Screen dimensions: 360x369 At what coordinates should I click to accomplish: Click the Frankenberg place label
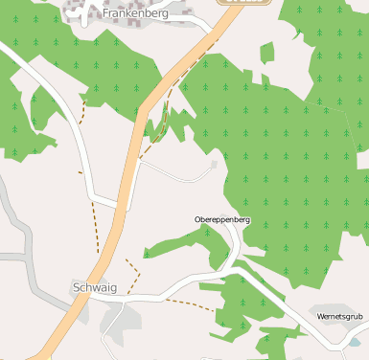(x=135, y=14)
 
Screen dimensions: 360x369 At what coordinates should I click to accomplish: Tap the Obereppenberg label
(x=222, y=220)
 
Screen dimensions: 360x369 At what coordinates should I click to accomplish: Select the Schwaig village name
(x=93, y=287)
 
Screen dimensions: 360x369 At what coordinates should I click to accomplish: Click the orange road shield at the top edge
(x=246, y=2)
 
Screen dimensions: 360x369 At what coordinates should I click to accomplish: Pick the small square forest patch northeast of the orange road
(x=266, y=53)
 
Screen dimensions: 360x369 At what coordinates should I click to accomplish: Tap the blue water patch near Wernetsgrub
(x=357, y=341)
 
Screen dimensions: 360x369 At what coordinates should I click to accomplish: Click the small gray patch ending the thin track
(x=213, y=164)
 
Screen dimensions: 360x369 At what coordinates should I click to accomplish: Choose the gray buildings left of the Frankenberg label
(x=80, y=9)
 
